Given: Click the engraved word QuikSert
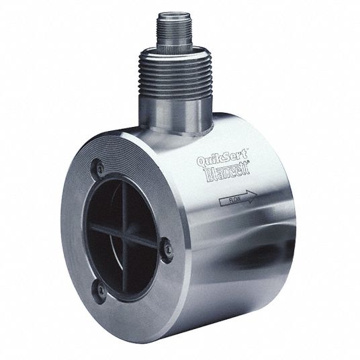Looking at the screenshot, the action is tap(222, 159).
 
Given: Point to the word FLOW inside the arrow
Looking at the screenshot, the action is tap(235, 199).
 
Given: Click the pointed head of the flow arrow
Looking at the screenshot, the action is tap(251, 197).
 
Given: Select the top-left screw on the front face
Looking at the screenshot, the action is tap(100, 169).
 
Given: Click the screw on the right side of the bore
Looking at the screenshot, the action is tap(168, 249).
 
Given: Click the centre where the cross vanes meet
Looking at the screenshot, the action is tap(124, 234).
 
